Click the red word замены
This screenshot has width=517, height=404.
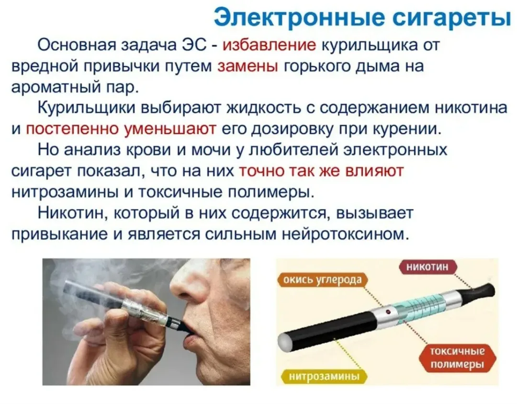click(x=248, y=66)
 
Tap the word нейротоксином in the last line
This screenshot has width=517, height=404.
click(x=346, y=234)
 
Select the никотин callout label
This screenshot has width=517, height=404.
click(x=427, y=266)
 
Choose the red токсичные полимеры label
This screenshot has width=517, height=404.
click(x=457, y=358)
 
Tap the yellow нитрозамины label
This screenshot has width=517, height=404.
click(x=324, y=376)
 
